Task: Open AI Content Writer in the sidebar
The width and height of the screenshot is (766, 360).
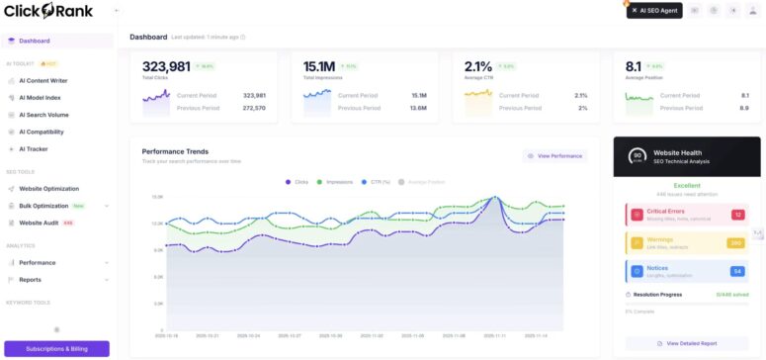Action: coord(43,80)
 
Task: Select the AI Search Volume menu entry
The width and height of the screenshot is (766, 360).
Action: coord(43,115)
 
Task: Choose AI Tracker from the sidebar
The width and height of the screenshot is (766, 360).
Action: coord(33,148)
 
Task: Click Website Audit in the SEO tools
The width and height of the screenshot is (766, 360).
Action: coord(39,223)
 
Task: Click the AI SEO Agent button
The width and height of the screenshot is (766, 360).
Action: coord(653,10)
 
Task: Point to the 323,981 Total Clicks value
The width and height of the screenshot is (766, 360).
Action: coord(166,66)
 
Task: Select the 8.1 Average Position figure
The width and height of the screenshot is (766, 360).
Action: coord(634,66)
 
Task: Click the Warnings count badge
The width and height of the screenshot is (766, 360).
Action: coord(736,242)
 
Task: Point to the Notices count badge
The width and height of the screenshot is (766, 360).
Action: coord(736,271)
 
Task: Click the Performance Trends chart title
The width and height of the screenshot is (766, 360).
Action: coord(175,151)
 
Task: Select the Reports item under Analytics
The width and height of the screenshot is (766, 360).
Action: coord(30,280)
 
